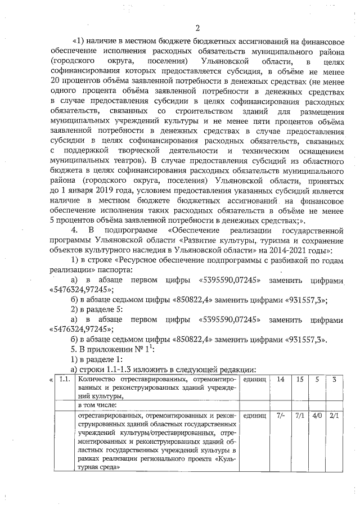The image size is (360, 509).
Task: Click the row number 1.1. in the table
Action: (x=65, y=380)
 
